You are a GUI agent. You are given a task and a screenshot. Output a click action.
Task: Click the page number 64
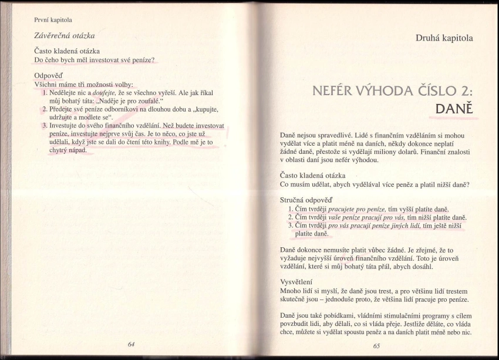[x=131, y=344]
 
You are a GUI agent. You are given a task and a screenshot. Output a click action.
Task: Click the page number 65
[x=376, y=346]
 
